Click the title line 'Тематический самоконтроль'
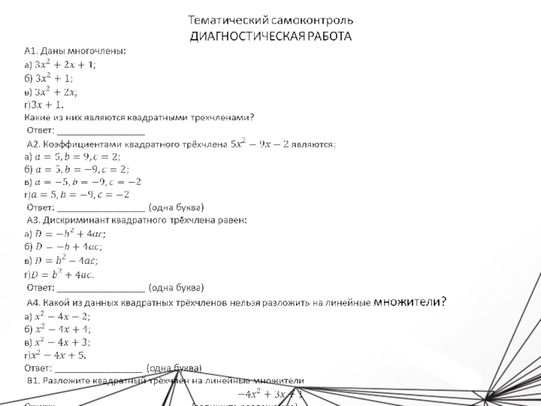[270, 20]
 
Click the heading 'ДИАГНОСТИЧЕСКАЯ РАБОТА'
[270, 35]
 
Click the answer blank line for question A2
[101, 208]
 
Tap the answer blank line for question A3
[101, 288]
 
